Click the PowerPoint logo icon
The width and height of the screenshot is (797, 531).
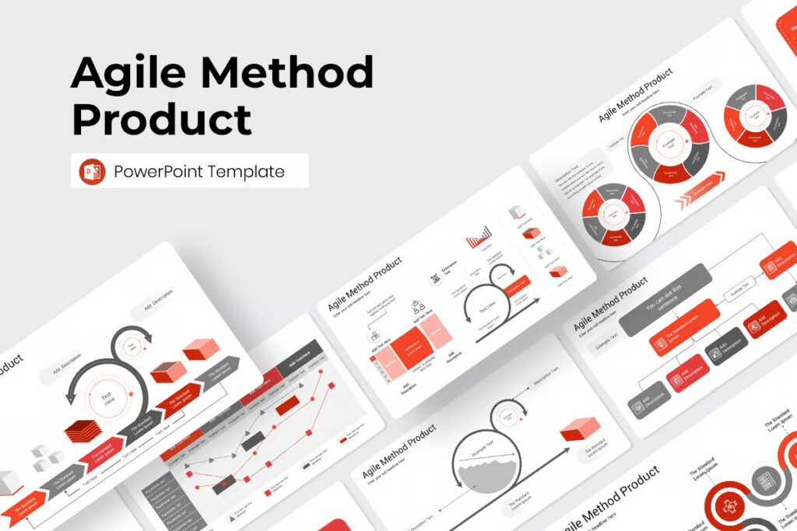click(93, 171)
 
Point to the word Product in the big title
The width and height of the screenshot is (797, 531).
click(162, 119)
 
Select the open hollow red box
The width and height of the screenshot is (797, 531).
click(168, 372)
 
